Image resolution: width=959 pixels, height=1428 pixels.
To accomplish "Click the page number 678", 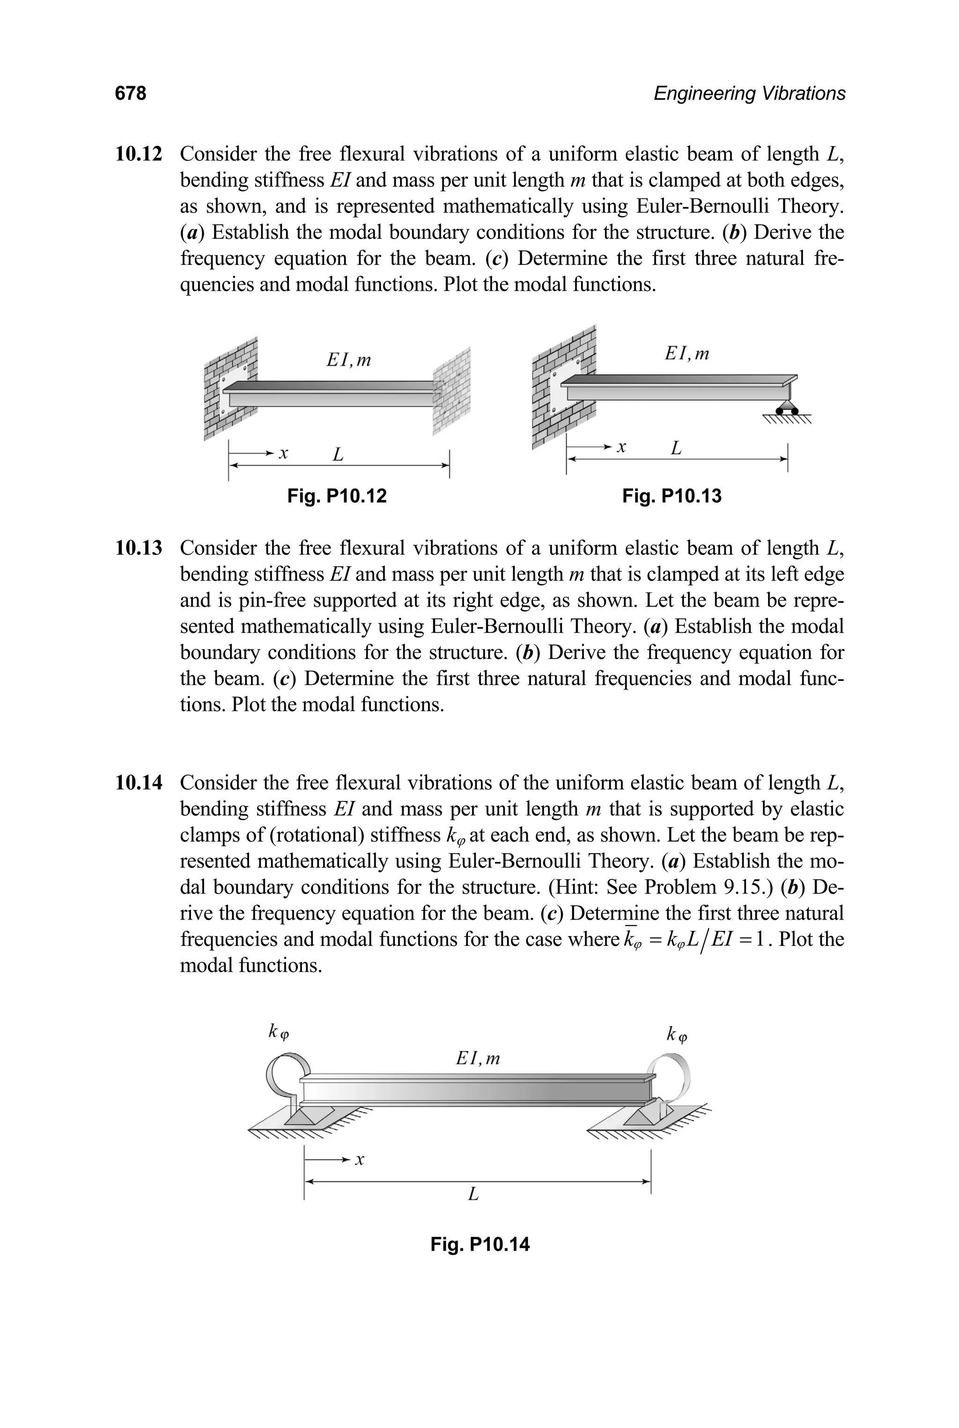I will pos(130,94).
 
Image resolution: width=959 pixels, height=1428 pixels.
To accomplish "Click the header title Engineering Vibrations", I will pos(749,94).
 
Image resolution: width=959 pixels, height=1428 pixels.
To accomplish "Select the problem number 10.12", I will pos(139,154).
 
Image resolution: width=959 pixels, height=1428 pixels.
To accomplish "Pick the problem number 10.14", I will pos(139,783).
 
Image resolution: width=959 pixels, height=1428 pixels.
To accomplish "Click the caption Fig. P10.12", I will pos(337,496).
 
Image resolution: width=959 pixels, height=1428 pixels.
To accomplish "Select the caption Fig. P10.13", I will pos(671,496).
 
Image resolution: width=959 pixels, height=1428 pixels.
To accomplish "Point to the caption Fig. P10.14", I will pos(479,1244).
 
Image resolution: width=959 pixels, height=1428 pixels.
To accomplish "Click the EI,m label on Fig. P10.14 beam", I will pos(478,1058).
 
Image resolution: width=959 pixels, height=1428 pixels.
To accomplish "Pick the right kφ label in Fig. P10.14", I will pos(677,1035).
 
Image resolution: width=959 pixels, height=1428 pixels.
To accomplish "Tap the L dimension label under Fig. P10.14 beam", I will pos(473,1193).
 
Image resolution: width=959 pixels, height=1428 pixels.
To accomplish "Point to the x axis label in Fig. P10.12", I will pos(283,454).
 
